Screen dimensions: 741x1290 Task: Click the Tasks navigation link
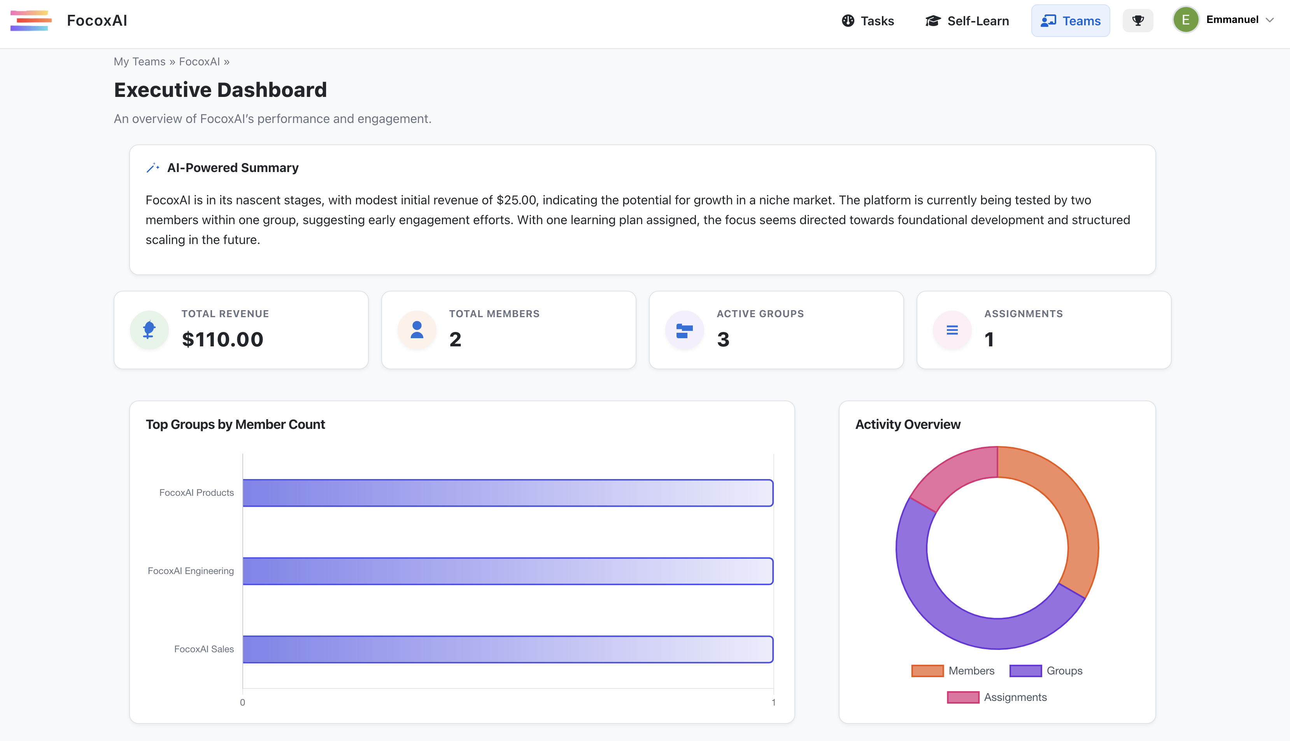tap(868, 21)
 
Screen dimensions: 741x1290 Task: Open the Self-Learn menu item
tap(967, 21)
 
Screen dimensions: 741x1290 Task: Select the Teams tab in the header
tap(1070, 21)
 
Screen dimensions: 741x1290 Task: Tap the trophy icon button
tap(1138, 21)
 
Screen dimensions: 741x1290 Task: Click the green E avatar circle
tap(1185, 20)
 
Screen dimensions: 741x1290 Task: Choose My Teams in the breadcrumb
tap(139, 61)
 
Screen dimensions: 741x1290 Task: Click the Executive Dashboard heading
tap(220, 90)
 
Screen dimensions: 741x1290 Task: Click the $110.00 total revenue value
tap(222, 339)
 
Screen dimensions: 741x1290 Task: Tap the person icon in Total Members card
tap(417, 330)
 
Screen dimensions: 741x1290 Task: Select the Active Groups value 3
tap(723, 339)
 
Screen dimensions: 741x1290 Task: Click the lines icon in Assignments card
tap(952, 330)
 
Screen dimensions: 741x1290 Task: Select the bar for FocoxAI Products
tap(508, 493)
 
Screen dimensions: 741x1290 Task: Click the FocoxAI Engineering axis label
tap(191, 571)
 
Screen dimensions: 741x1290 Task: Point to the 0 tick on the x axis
tap(243, 702)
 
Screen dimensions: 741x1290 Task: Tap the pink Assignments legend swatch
tap(962, 697)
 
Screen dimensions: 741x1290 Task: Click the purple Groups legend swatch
tap(1025, 671)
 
